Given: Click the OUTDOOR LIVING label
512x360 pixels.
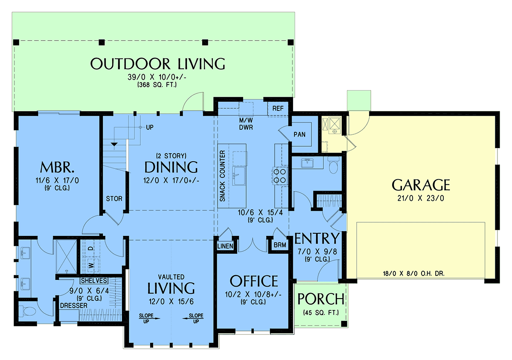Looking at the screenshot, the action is coord(158,64).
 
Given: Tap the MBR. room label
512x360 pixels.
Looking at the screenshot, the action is coord(57,167).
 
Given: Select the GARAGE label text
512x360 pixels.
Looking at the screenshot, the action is coord(421,185).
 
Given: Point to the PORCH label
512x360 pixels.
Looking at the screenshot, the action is coord(321,299).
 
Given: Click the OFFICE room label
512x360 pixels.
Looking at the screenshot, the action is coord(254,281).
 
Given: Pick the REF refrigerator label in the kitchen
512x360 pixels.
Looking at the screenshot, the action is coord(278,108).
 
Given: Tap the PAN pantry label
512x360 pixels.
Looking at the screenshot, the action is coord(300,134).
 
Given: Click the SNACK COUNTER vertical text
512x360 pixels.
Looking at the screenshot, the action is coord(222,176).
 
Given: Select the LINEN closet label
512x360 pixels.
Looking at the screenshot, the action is coord(225,246).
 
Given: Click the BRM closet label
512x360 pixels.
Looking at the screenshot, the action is coord(280,245).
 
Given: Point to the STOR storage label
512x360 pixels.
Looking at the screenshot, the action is coord(114,199).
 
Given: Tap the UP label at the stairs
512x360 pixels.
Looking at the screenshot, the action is coord(150,127).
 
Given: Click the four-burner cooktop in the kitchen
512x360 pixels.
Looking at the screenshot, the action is coord(280,176).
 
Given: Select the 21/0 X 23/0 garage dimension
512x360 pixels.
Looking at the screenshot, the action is coord(421,198).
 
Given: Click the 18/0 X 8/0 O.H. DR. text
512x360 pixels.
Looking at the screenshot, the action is coord(414,273).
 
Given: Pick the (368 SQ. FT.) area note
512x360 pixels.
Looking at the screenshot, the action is coord(157,85).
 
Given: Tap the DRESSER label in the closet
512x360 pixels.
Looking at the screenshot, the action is coord(73,305).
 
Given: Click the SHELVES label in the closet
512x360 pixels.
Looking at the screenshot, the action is coord(94,281).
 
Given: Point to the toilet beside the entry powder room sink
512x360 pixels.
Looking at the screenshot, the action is coord(333,165).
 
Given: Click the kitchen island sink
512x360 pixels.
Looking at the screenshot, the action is coord(239,176).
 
